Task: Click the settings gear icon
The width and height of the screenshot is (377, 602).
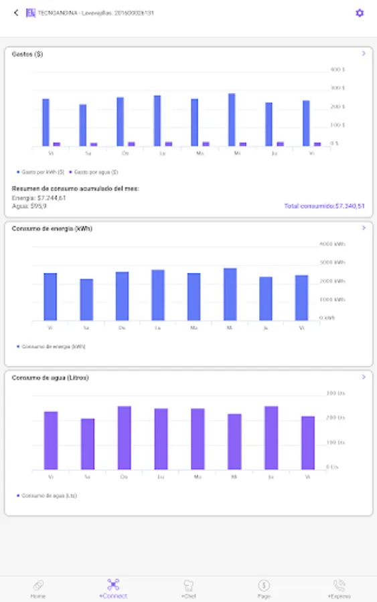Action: (360, 13)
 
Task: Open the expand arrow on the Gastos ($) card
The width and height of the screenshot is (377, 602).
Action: (364, 54)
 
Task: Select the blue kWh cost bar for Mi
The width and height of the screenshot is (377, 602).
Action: (232, 120)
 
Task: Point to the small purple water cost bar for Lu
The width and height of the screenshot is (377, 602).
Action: (169, 144)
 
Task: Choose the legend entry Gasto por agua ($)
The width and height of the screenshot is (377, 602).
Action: (90, 172)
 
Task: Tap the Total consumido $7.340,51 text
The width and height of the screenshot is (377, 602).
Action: (324, 206)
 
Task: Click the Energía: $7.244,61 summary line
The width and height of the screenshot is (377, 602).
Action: (39, 198)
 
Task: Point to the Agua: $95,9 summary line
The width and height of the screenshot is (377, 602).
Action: (29, 206)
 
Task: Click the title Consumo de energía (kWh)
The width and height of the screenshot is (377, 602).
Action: (52, 228)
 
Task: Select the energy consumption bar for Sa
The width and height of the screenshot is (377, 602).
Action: (86, 300)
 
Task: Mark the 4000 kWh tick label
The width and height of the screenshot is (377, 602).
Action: (332, 244)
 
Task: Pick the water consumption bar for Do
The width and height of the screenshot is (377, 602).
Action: (125, 438)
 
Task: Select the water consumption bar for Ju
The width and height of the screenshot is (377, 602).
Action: (271, 438)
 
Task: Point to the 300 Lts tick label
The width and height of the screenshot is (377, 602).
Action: (335, 393)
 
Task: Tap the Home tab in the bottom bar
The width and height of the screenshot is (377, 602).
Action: (38, 589)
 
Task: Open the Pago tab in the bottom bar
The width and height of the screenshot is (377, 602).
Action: (264, 589)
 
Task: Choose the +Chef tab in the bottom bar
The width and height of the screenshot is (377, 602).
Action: (188, 589)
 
